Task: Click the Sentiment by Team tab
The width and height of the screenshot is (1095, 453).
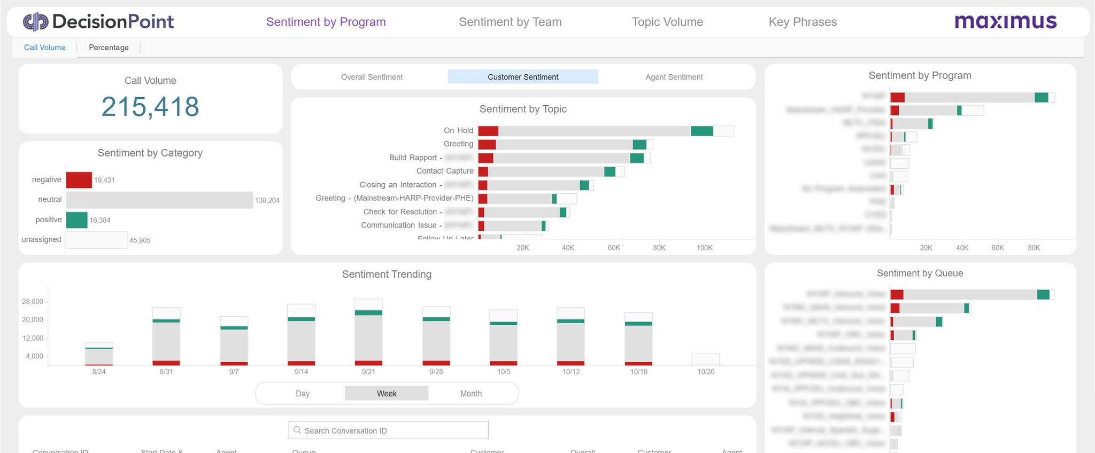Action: [510, 22]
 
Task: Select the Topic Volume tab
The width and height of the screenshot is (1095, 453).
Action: [667, 22]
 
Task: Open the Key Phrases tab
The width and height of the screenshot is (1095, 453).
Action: [803, 22]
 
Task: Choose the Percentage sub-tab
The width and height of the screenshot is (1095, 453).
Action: [109, 48]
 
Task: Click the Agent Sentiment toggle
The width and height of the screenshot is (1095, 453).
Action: [674, 77]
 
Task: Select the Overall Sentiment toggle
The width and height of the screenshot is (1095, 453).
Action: [372, 77]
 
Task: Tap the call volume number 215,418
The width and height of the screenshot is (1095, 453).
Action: [150, 106]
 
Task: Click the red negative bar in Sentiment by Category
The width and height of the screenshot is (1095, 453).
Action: [79, 180]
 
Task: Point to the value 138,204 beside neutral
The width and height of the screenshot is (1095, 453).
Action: [267, 200]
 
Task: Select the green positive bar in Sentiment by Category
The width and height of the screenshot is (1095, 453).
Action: [76, 220]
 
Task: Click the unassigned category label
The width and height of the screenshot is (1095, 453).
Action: [41, 239]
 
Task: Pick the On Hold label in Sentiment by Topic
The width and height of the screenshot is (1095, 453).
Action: [458, 130]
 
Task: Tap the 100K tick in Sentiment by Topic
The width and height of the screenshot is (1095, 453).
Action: [704, 248]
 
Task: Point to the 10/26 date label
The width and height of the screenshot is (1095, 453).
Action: [706, 372]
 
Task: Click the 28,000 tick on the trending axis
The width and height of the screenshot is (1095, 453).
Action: [33, 302]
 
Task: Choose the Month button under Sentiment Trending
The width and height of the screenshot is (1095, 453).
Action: [471, 394]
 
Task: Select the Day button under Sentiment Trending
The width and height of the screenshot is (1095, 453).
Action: [303, 394]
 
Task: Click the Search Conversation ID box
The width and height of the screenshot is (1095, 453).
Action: [389, 431]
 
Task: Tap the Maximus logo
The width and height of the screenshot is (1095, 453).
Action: [1005, 22]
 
